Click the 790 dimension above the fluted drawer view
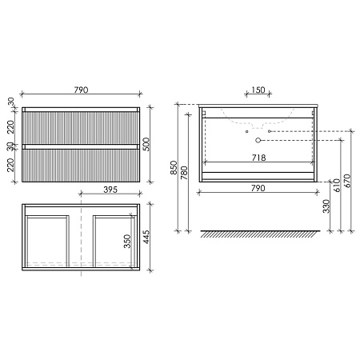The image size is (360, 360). tap(81, 90)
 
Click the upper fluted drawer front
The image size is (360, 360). tap(81, 126)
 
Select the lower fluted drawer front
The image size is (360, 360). tap(81, 164)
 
